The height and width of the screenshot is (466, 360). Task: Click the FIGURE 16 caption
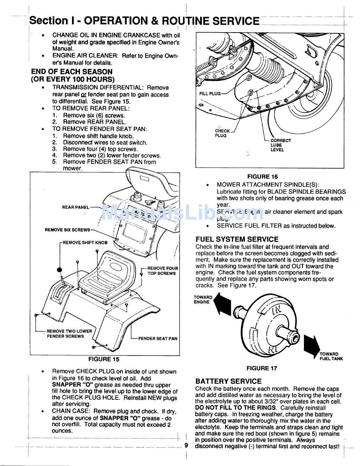262,176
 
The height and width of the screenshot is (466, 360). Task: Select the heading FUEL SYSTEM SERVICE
237,239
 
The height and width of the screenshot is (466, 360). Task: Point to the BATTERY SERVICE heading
228,381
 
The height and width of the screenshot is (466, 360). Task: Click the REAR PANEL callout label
76,207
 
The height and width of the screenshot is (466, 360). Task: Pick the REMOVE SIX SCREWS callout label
67,230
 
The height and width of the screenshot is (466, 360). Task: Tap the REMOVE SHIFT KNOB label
85,243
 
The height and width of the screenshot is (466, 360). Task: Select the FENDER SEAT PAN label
158,338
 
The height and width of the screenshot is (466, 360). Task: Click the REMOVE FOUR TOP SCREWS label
162,271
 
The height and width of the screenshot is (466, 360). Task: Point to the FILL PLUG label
210,94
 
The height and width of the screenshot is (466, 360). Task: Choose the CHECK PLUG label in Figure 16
222,133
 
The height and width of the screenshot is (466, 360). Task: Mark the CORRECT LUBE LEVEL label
280,145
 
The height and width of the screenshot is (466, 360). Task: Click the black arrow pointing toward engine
222,304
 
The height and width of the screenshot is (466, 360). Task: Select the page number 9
186,445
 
